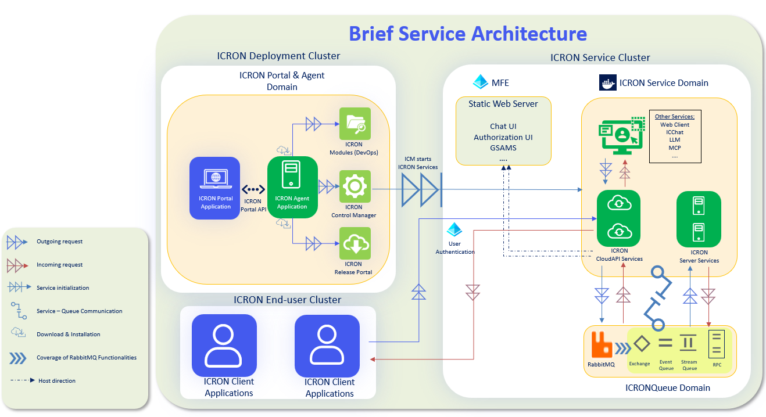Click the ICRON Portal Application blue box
click(215, 188)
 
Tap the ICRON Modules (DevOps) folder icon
click(355, 124)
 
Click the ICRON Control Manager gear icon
click(355, 186)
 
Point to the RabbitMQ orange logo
click(601, 345)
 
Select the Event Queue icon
click(665, 343)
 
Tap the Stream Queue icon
click(689, 343)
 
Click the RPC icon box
click(717, 343)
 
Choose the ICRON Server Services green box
click(699, 219)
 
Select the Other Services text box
click(675, 136)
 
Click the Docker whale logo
click(607, 83)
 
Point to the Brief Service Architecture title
click(468, 33)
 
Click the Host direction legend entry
click(56, 381)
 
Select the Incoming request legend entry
click(59, 265)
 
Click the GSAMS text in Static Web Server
click(503, 148)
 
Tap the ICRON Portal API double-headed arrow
click(253, 189)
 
